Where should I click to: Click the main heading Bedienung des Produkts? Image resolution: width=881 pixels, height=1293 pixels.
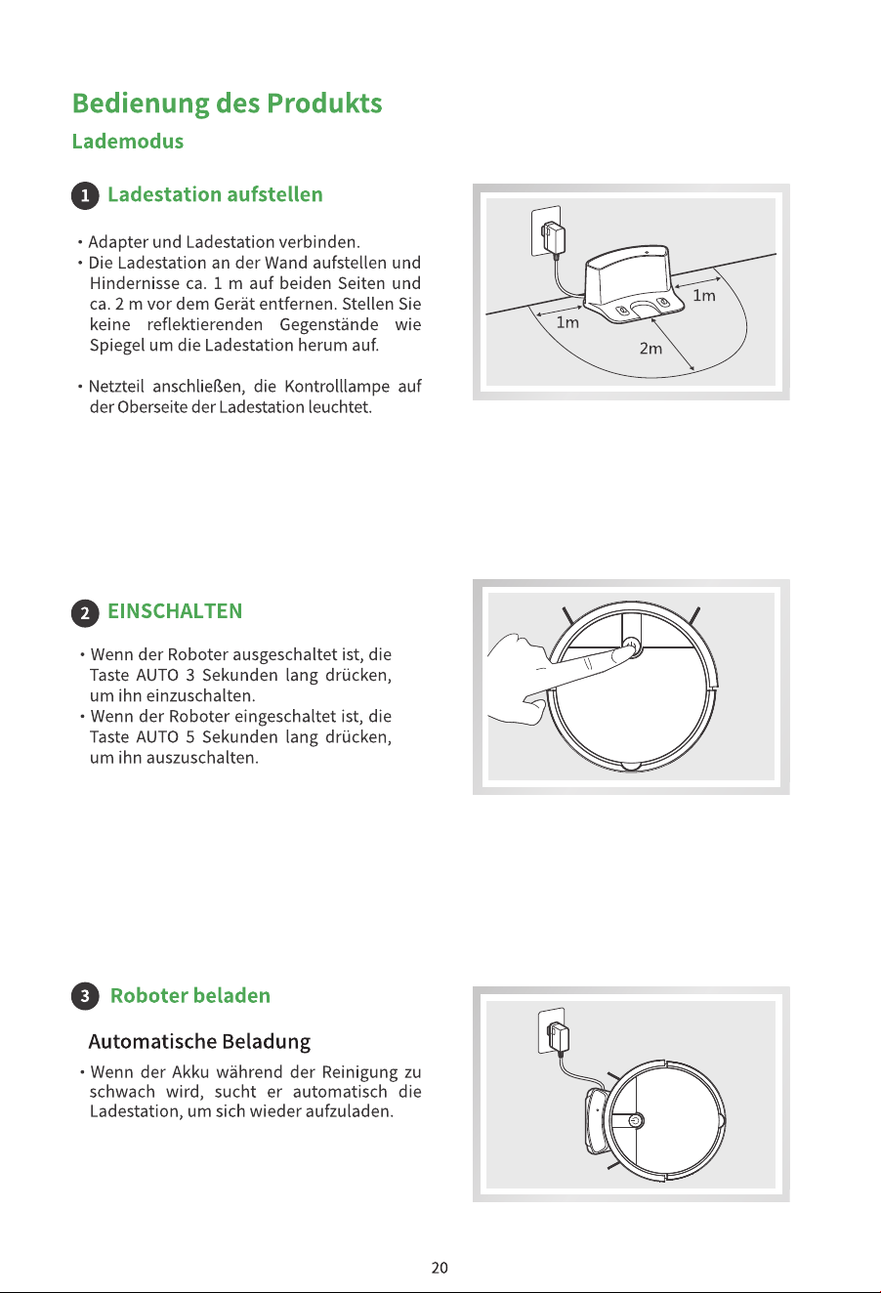(x=227, y=104)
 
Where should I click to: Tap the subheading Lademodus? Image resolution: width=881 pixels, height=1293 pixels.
(x=128, y=142)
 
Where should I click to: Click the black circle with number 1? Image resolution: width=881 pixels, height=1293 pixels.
(x=85, y=195)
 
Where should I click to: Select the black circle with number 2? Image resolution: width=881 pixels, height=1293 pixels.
(x=85, y=612)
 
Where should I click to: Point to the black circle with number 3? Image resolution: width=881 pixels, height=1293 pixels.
(x=85, y=996)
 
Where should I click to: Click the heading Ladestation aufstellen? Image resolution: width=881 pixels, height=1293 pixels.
(x=215, y=194)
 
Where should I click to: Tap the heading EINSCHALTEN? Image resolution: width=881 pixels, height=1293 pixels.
(x=175, y=611)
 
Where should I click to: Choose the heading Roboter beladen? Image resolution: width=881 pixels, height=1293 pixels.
(x=190, y=996)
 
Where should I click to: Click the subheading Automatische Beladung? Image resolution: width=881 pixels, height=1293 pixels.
(x=199, y=1041)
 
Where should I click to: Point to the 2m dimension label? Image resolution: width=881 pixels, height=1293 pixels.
(x=650, y=349)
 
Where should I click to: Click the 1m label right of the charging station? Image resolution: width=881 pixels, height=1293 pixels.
(x=704, y=296)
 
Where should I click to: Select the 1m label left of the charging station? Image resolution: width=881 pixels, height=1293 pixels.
(x=567, y=322)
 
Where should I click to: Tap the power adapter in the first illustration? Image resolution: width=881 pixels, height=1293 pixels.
(x=553, y=236)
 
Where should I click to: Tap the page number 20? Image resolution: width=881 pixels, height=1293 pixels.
(x=440, y=1268)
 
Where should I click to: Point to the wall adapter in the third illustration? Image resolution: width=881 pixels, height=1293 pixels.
(x=558, y=1037)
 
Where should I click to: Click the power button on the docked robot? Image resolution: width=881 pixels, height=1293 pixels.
(x=635, y=1121)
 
